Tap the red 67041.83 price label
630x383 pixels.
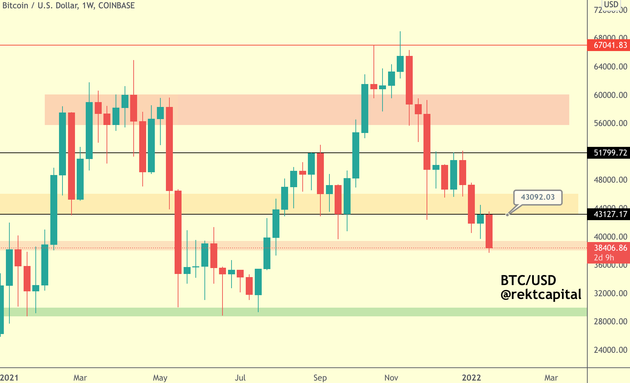[x=610, y=45]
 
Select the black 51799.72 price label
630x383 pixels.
[x=610, y=153]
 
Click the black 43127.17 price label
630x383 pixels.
[x=610, y=214]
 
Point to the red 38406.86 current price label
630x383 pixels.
[x=610, y=248]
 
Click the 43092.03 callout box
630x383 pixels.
[x=538, y=197]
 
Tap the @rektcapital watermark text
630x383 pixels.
[x=540, y=294]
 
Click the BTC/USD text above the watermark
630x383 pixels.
[x=528, y=280]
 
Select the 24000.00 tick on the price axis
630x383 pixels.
[x=610, y=350]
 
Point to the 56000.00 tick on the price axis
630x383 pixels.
[x=610, y=123]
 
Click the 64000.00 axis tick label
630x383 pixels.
[x=610, y=67]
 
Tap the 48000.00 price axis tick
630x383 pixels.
[x=610, y=180]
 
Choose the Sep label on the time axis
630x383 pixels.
[x=320, y=378]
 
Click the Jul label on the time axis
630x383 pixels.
[x=240, y=378]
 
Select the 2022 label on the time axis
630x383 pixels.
[x=471, y=378]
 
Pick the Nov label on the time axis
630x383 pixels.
[x=391, y=378]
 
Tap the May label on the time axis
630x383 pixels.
[x=160, y=378]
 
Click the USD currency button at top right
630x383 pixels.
[x=611, y=5]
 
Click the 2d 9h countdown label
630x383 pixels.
[x=604, y=258]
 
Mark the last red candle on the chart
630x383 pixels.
[x=489, y=231]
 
